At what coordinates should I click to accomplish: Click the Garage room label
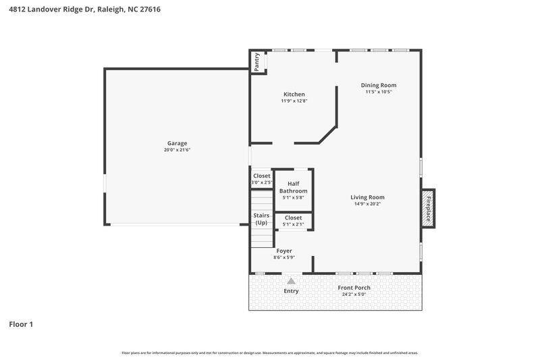pos(177,143)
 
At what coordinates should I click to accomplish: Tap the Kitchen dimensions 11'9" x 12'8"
pos(294,101)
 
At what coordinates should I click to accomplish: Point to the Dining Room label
pos(378,85)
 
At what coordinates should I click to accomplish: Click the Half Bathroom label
pos(294,187)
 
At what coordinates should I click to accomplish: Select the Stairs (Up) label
pos(261,219)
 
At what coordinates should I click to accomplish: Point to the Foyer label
pos(283,251)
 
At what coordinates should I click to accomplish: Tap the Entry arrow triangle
pos(291,280)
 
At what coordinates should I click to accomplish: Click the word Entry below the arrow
pos(291,291)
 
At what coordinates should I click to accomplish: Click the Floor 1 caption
pos(21,324)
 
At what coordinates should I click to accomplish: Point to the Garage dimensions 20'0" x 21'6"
pos(177,150)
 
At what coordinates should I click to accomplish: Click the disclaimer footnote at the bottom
pos(269,353)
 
